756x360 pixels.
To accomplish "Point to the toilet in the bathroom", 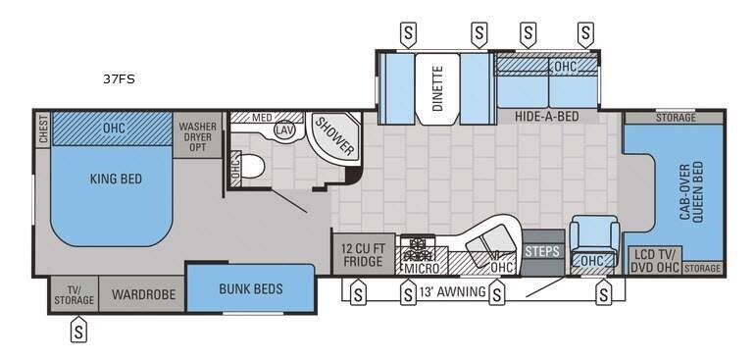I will coord(252,167).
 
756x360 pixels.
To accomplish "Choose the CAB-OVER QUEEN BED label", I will coord(689,193).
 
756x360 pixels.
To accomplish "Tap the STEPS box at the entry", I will coord(541,251).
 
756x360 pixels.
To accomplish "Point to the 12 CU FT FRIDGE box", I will coord(362,255).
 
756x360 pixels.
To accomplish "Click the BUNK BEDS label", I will coord(250,288).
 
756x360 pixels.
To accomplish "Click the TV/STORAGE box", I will coord(74,294).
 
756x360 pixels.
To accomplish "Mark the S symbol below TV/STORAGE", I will coord(77,332).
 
